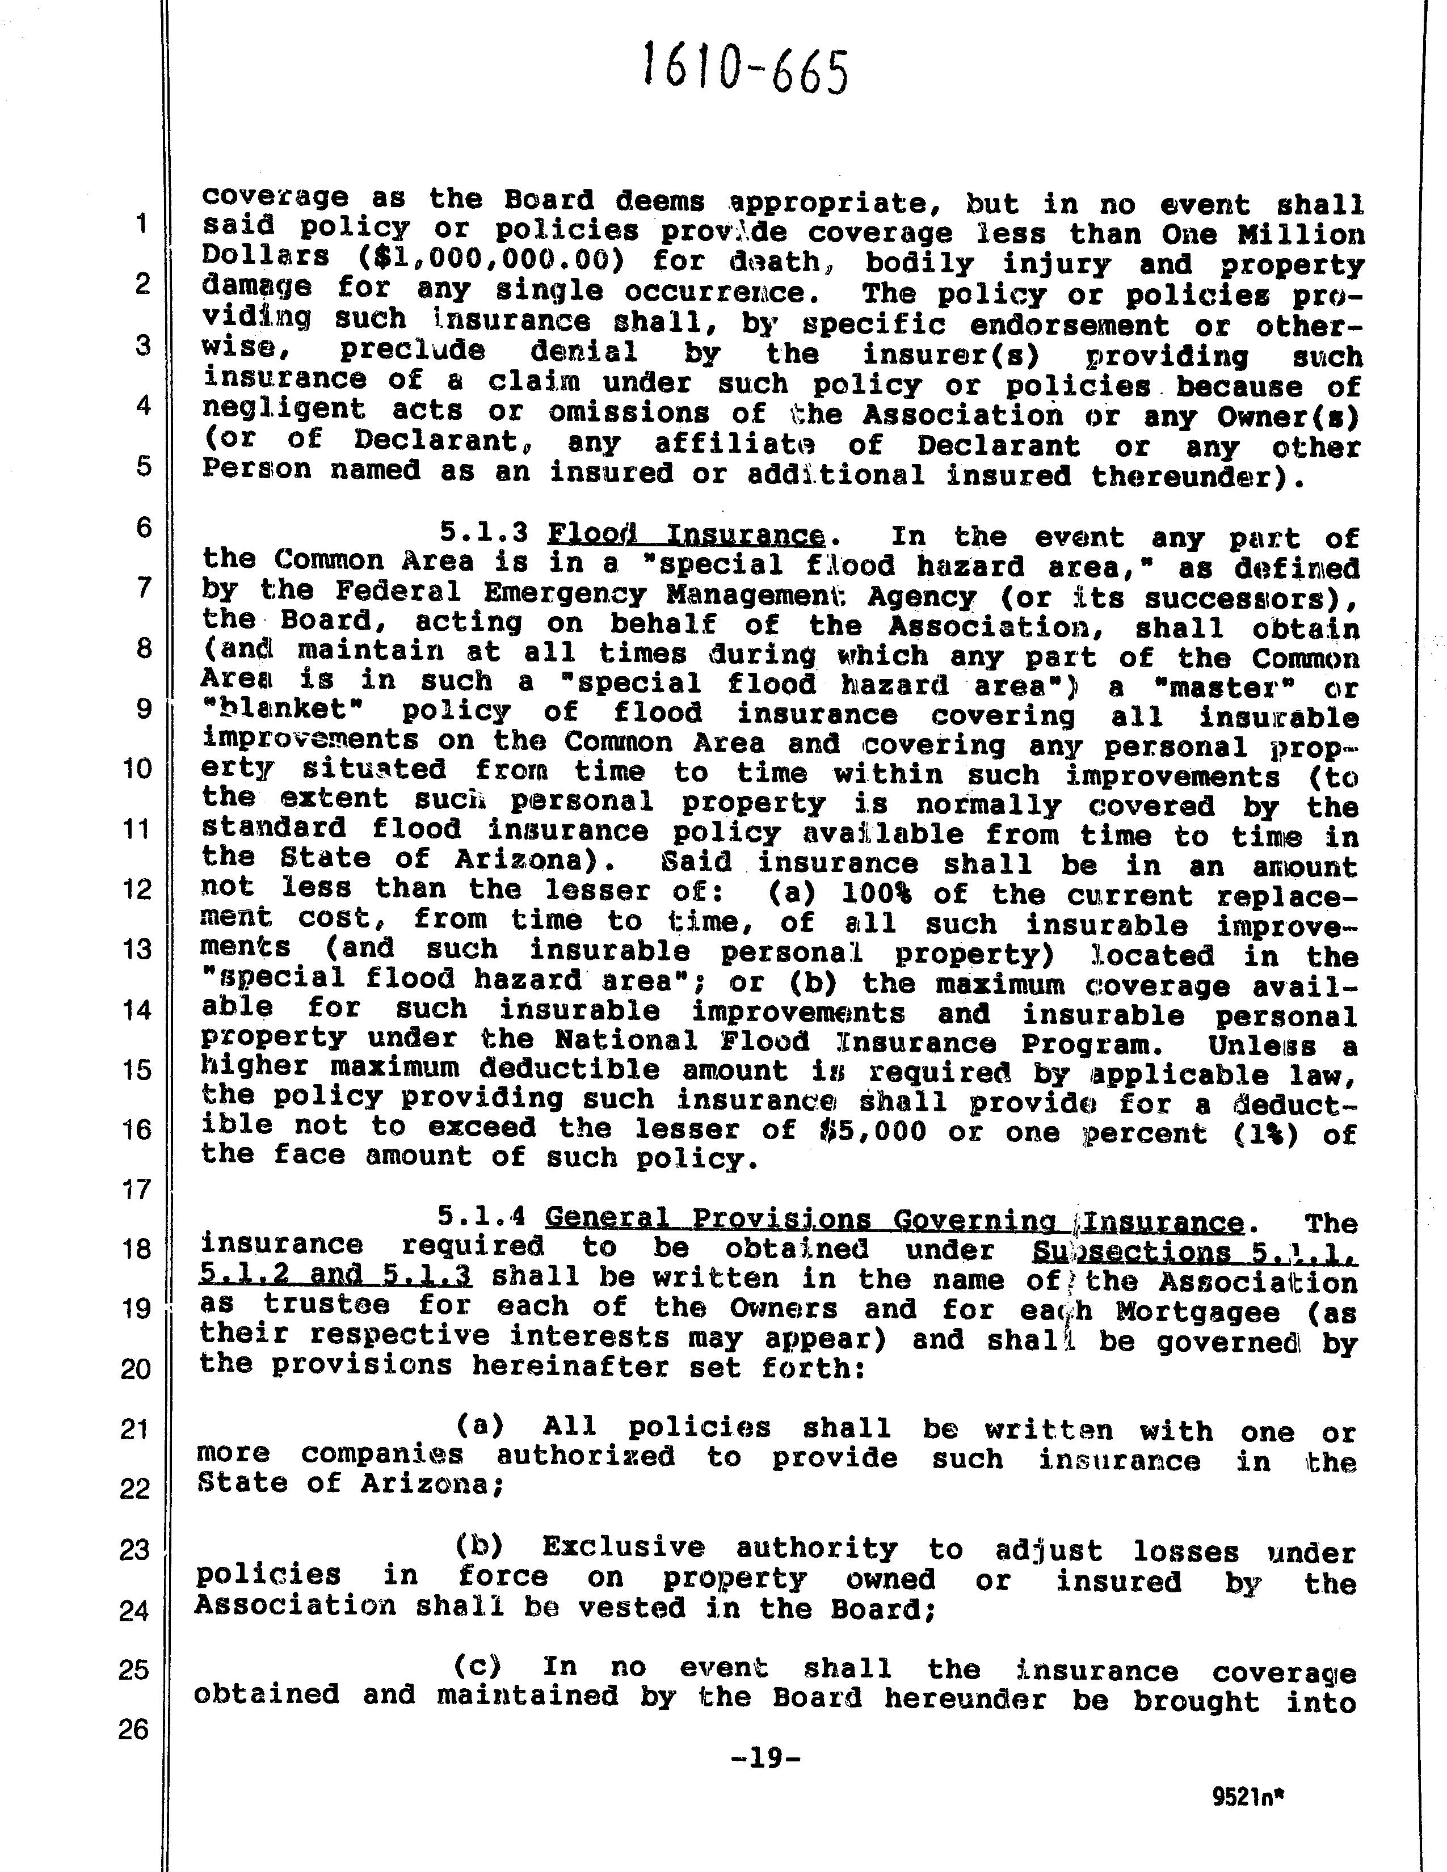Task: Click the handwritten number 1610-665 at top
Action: [746, 70]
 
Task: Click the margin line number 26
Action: [134, 1729]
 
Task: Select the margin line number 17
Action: [136, 1190]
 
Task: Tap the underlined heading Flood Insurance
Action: [686, 535]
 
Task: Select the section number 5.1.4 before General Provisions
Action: [480, 1216]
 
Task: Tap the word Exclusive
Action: [623, 1547]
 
